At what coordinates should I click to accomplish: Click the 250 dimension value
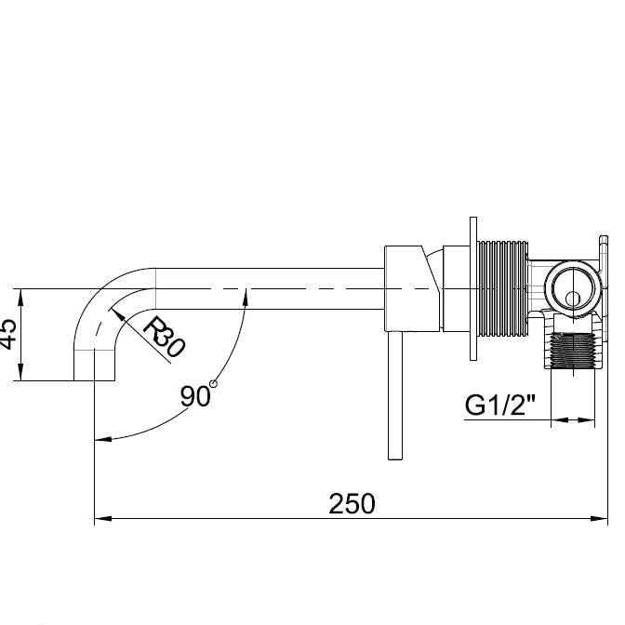point(352,503)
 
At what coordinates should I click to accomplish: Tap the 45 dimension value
point(8,334)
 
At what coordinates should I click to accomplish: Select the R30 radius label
point(164,336)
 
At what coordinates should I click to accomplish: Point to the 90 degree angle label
point(195,396)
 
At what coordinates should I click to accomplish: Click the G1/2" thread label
point(500,405)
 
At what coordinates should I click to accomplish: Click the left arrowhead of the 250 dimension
point(102,519)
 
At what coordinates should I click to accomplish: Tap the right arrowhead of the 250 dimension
point(599,519)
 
